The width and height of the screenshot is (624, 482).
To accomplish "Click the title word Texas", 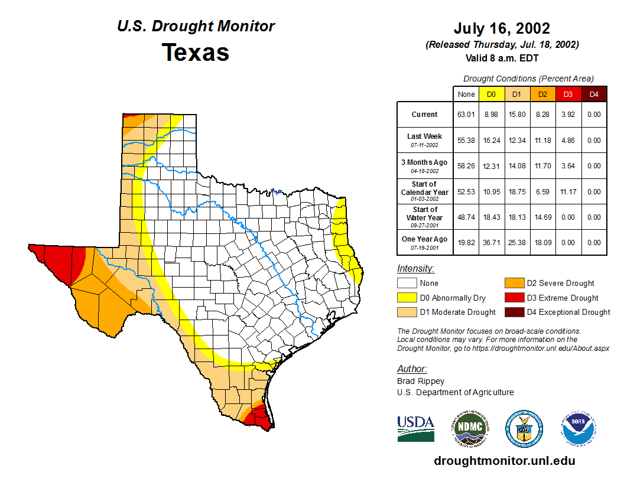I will pos(196,52).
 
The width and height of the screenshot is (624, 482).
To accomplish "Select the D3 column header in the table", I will pos(568,94).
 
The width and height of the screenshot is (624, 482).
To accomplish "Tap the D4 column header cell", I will pos(594,94).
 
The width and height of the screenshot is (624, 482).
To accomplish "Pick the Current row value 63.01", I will pos(466,115).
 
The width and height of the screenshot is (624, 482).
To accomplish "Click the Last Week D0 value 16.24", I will pos(492,141).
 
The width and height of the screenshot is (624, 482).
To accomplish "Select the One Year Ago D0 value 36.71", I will pos(492,243).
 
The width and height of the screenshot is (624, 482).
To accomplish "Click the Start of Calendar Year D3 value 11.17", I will pos(568,192).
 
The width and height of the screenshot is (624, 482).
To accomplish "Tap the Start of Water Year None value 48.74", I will pos(466,217).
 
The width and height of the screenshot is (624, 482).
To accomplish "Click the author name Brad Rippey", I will pos(421,381).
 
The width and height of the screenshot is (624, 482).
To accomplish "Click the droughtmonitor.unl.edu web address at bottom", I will pos(504,461).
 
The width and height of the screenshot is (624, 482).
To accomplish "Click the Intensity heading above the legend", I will pos(415,269).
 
